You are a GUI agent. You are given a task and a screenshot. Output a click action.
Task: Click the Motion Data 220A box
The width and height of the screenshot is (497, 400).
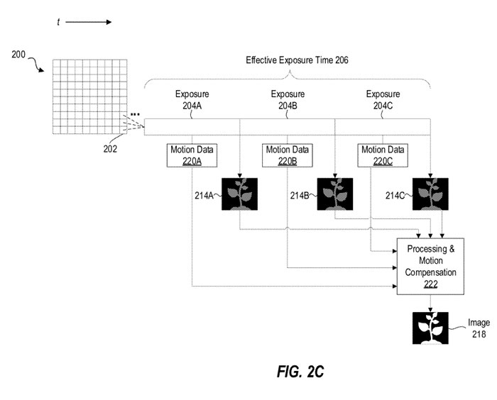(192, 155)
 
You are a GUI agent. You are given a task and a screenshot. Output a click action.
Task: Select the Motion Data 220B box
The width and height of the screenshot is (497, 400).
(288, 155)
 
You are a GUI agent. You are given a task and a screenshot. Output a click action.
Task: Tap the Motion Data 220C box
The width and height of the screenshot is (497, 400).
(383, 155)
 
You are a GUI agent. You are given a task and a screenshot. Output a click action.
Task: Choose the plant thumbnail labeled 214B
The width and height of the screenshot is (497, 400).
(335, 194)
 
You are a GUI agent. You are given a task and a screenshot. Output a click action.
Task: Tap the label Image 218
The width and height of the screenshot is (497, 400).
(479, 328)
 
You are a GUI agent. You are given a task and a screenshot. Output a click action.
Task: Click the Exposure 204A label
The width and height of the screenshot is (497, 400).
(192, 99)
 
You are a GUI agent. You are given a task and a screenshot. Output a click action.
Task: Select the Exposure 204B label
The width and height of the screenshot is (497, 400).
(288, 99)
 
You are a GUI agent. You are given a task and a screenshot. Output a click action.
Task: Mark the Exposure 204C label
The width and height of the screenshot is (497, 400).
(383, 99)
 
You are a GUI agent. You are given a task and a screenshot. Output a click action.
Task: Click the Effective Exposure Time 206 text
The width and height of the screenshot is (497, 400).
(297, 61)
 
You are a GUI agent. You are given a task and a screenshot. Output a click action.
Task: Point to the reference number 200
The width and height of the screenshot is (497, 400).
(20, 54)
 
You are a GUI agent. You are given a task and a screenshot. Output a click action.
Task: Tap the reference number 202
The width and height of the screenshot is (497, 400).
(110, 149)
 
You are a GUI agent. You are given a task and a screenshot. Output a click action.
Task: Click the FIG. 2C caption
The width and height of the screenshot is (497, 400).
(298, 371)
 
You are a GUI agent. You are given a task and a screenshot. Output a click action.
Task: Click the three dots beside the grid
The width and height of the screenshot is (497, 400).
(134, 113)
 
